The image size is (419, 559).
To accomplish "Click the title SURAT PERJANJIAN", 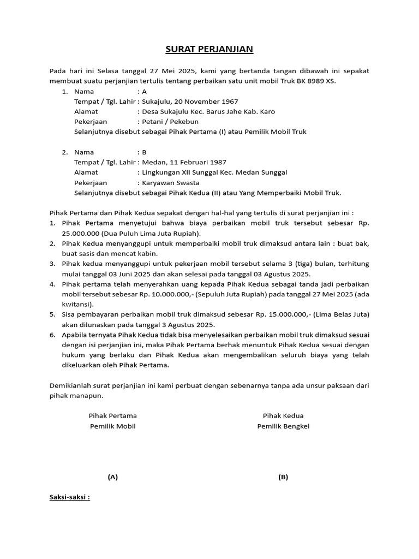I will [209, 50].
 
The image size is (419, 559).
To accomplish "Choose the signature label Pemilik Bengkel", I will [283, 426].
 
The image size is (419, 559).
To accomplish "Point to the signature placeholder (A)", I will [112, 477].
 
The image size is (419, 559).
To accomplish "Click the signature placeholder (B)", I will [283, 477].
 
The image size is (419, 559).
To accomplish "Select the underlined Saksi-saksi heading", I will [70, 497].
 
